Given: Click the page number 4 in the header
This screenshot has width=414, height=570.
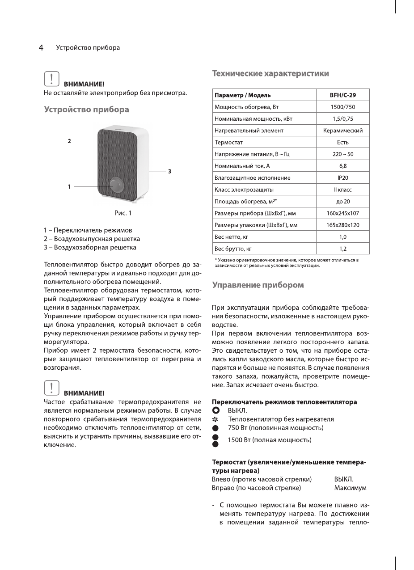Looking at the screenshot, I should pos(41,47).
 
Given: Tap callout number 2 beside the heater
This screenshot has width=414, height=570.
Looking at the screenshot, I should pos(69,141).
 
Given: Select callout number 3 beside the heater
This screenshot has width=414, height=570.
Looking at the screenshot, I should pos(170,171).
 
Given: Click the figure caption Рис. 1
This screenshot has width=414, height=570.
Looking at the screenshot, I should pos(123,213).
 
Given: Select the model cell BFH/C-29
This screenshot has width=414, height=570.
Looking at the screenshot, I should pos(342,95).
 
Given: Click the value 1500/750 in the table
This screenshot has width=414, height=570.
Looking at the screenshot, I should pos(342,107).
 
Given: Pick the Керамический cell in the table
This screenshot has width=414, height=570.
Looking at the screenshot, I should pos(342,131).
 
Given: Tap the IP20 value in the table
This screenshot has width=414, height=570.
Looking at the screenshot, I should pos(342,178).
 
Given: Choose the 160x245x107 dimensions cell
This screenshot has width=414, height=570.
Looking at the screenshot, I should pos(342,213).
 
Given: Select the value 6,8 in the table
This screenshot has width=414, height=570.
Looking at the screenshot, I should pos(342,166).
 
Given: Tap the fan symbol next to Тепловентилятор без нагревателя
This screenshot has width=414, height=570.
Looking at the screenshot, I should pos(215,419).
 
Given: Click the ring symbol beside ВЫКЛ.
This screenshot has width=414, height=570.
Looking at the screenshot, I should pos(215,410).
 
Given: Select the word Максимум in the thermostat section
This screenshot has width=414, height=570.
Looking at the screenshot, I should pos(350,488).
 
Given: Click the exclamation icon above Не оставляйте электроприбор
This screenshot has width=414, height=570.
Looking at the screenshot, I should pos(52,79).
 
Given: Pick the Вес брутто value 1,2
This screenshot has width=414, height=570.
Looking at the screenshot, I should pos(342,249).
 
